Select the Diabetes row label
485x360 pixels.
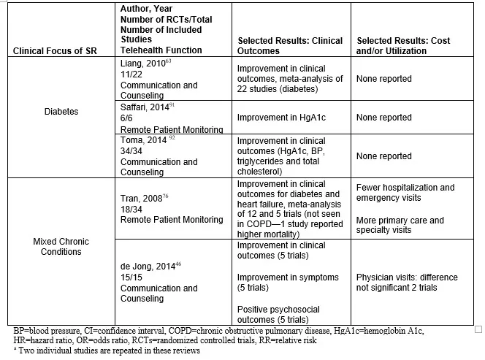tap(61, 112)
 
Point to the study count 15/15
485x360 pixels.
tap(131, 277)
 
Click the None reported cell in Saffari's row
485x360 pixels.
tap(384, 118)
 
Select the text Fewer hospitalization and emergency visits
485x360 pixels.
tap(405, 193)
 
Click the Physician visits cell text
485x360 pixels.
tap(407, 283)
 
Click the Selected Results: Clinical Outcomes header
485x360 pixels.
tap(290, 45)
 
